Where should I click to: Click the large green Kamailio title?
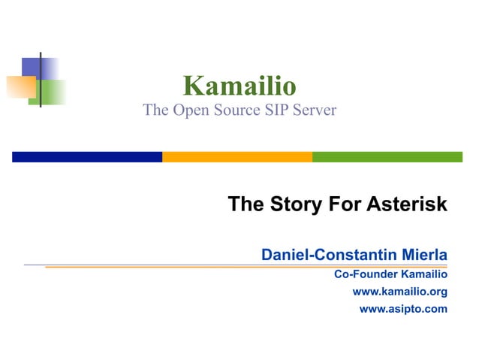point(239,85)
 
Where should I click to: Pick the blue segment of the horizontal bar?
point(87,157)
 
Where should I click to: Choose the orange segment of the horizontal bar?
point(237,157)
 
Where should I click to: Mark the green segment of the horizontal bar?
point(387,157)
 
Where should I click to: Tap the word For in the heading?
point(344,204)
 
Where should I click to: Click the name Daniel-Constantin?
point(327,255)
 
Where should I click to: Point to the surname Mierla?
point(423,255)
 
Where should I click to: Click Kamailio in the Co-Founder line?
point(425,274)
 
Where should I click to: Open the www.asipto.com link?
point(403,308)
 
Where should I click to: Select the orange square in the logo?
point(20,86)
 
